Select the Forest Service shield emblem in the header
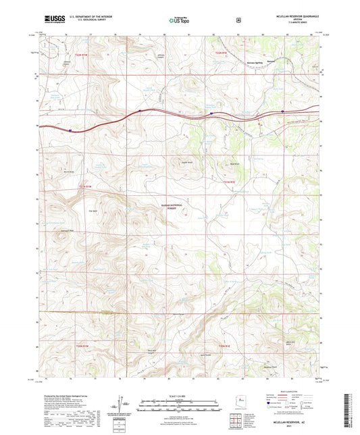tap(238, 20)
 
